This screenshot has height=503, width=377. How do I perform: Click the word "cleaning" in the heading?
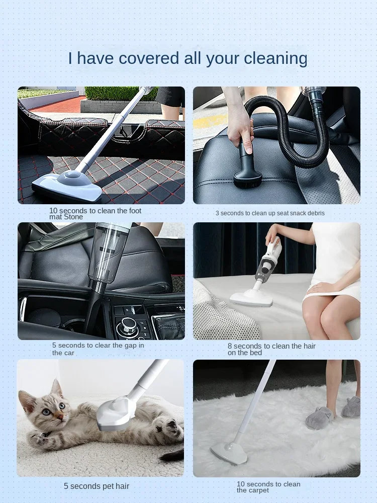[x=275, y=59]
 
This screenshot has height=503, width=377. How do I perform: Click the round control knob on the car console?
[x=128, y=325]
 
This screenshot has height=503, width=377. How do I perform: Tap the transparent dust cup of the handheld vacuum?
[x=108, y=254]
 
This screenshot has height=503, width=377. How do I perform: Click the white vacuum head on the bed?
[x=251, y=297]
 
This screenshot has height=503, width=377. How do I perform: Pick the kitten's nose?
[x=60, y=416]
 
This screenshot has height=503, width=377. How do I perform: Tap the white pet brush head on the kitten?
[x=116, y=413]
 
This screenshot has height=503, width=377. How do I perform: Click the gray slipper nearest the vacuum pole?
[x=319, y=417]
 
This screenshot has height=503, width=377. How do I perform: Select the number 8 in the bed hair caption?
[x=230, y=346]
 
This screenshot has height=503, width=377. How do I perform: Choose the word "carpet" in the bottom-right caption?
[x=258, y=490]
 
